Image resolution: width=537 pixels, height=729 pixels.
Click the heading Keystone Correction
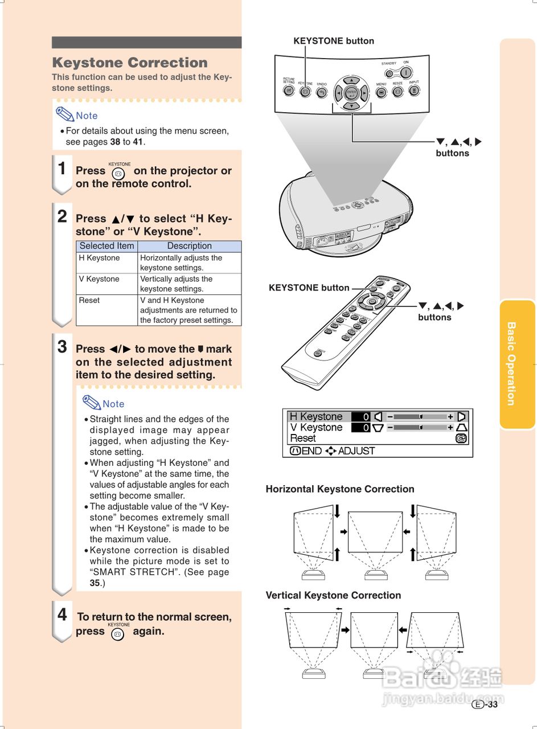click(130, 63)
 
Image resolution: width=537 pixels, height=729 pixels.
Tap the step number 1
click(62, 169)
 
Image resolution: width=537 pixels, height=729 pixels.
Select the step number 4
click(63, 615)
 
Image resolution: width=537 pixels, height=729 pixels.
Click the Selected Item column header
click(106, 246)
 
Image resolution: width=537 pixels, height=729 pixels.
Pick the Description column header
click(189, 246)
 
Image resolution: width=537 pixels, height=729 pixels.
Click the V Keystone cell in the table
click(99, 279)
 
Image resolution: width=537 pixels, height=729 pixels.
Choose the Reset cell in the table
click(89, 300)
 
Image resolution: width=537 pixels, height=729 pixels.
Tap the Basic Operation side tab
click(511, 364)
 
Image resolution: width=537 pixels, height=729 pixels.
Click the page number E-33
click(485, 705)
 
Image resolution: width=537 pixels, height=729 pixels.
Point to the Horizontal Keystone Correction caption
click(340, 489)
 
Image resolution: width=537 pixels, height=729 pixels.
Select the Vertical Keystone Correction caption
click(333, 595)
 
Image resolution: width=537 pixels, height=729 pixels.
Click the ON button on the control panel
click(406, 72)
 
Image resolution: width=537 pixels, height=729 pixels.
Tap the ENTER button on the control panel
click(351, 92)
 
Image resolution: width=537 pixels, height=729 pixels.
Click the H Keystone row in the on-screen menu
click(316, 417)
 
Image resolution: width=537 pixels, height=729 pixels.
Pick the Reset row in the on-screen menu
click(303, 439)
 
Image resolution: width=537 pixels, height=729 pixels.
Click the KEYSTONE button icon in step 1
click(118, 173)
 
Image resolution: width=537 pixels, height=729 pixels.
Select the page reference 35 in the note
click(95, 583)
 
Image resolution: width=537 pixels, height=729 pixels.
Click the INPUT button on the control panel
click(414, 90)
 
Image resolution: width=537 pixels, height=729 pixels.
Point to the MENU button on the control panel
click(381, 92)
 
